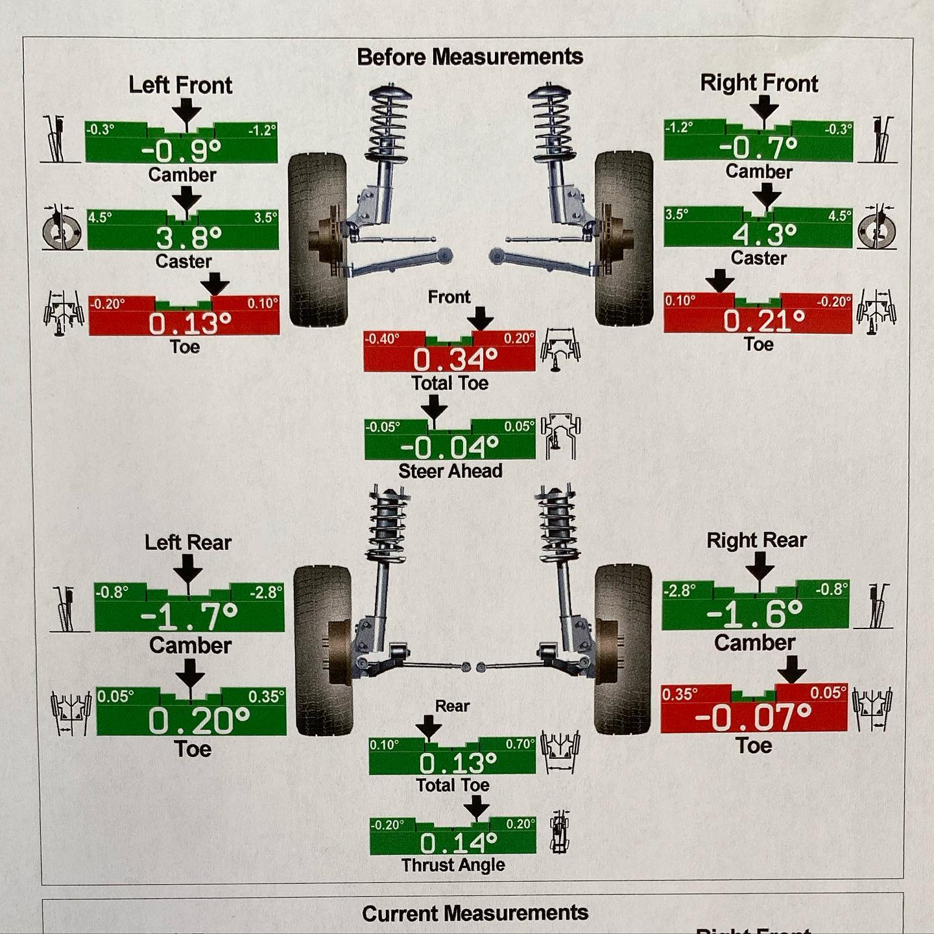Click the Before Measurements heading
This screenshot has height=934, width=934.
[x=470, y=56]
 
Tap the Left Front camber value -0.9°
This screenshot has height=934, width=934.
[x=181, y=151]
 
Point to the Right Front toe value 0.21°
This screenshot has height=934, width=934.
[x=764, y=320]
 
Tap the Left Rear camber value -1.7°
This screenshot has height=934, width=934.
[x=189, y=616]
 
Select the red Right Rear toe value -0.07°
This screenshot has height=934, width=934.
[x=753, y=717]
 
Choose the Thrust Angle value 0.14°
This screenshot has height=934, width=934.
[x=458, y=843]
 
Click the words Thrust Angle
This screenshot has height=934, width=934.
[x=453, y=865]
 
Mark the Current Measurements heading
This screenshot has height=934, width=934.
[x=475, y=913]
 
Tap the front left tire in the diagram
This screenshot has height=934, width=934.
[x=317, y=239]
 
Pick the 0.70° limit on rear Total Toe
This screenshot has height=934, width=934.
[x=520, y=744]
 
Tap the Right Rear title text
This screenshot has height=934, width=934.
[x=756, y=540]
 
